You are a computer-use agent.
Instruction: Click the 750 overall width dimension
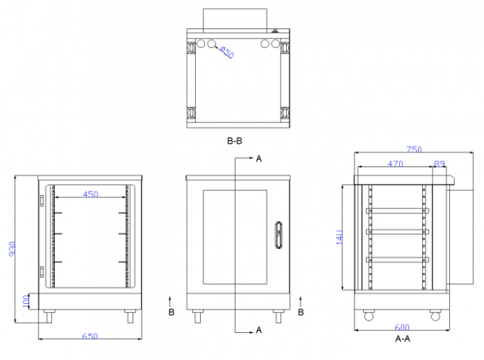[x=414, y=149]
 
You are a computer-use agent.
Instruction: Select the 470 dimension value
[x=395, y=164]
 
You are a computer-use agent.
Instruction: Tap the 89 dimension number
[x=439, y=164]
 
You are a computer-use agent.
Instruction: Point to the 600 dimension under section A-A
[x=401, y=328]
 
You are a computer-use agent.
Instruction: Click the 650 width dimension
[x=90, y=336]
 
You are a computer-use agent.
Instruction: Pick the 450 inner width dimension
[x=90, y=193]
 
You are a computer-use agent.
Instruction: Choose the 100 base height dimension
[x=26, y=303]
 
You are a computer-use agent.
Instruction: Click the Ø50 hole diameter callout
[x=226, y=52]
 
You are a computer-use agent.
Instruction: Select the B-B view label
[x=235, y=141]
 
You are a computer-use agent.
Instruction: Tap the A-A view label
[x=403, y=340]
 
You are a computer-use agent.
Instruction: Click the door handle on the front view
[x=278, y=236]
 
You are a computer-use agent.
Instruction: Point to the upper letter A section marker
[x=259, y=159]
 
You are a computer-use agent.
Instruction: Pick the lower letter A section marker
[x=259, y=329]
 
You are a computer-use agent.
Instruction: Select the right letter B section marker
[x=301, y=312]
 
